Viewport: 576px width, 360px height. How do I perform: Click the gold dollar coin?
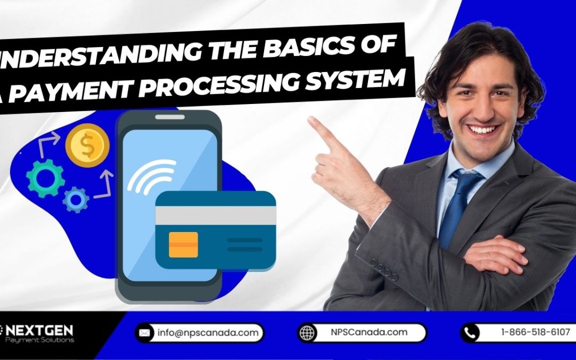pyautogui.click(x=87, y=145)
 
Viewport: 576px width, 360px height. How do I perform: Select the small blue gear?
pyautogui.click(x=76, y=200)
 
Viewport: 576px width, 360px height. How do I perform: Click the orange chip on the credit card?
pyautogui.click(x=183, y=245)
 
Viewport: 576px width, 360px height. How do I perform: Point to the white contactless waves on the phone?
pyautogui.click(x=153, y=175)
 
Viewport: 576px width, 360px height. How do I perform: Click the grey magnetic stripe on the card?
pyautogui.click(x=215, y=215)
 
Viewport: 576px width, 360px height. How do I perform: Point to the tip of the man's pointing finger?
pyautogui.click(x=311, y=120)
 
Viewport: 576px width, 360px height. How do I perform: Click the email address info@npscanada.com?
pyautogui.click(x=209, y=333)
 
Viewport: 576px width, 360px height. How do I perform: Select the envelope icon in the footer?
pyautogui.click(x=145, y=333)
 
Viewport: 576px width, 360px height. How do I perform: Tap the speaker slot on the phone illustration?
pyautogui.click(x=170, y=117)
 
